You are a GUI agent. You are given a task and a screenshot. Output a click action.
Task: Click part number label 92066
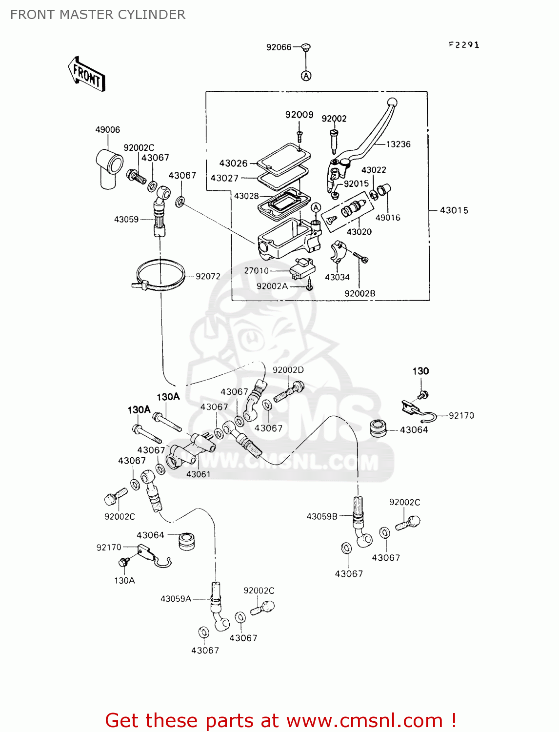point(279,47)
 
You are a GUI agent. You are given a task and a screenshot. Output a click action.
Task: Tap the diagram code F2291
point(464,45)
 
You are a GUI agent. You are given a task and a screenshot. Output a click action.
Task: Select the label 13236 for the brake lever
point(398,144)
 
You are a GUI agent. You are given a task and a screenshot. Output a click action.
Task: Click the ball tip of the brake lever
point(392,103)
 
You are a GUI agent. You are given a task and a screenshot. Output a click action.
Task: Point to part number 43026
point(233,163)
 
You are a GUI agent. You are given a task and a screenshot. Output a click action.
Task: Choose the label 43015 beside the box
point(454,210)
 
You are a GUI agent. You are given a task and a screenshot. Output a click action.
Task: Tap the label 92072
point(208,277)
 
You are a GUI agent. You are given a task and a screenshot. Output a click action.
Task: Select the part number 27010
point(256,271)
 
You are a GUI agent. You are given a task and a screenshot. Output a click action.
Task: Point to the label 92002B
point(360,294)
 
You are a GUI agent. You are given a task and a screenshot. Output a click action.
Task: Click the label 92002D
point(288,370)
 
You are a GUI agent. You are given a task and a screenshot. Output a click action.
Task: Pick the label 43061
point(198,474)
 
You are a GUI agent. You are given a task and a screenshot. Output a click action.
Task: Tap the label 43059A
point(176,599)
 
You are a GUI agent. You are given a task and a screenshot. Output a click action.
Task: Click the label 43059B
point(322,516)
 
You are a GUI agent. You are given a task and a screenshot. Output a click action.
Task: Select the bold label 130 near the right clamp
point(420,371)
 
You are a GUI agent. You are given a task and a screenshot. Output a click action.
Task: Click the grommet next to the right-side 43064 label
point(378,428)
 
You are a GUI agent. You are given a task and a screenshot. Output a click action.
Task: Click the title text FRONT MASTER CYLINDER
point(98,15)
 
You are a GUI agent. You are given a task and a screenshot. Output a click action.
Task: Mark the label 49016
point(388,218)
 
